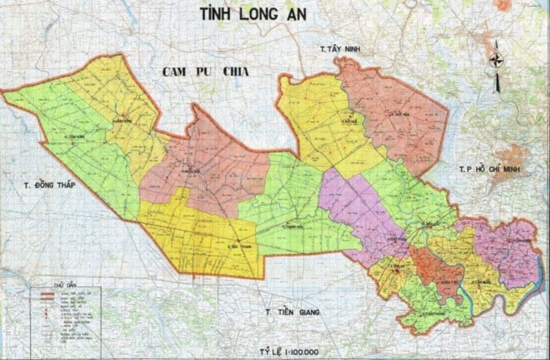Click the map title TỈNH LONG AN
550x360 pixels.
pyautogui.click(x=254, y=14)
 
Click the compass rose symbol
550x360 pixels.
pyautogui.click(x=496, y=61)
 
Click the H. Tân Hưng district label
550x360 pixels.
pyautogui.click(x=73, y=137)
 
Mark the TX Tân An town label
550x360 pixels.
pyautogui.click(x=393, y=266)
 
